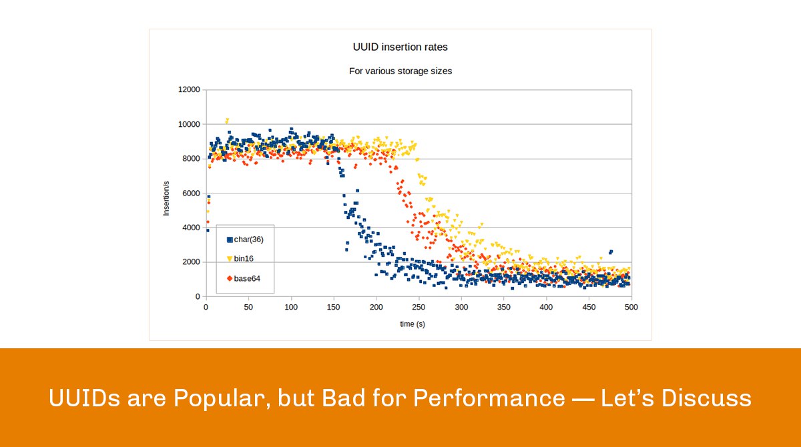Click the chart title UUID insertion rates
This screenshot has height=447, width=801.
[x=400, y=47]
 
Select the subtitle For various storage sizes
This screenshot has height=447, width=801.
[x=400, y=71]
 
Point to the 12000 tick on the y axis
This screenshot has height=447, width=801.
[x=188, y=90]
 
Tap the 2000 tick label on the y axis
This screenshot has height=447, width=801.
[x=190, y=262]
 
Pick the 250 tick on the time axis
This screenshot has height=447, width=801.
[x=419, y=308]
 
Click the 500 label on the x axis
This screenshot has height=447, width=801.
[x=631, y=308]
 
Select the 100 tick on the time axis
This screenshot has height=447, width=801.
[x=291, y=308]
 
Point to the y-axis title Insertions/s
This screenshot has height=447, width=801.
[x=167, y=193]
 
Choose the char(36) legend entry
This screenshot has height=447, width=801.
[x=249, y=239]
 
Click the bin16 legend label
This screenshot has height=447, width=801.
[x=243, y=258]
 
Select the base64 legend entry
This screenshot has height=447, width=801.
[x=248, y=278]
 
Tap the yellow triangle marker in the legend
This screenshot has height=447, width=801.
[x=230, y=259]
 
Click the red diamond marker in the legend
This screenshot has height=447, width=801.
[x=230, y=278]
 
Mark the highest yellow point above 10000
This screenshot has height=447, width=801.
[x=227, y=120]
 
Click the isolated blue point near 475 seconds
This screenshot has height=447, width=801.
[x=611, y=252]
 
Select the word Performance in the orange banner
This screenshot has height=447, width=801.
[x=488, y=399]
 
